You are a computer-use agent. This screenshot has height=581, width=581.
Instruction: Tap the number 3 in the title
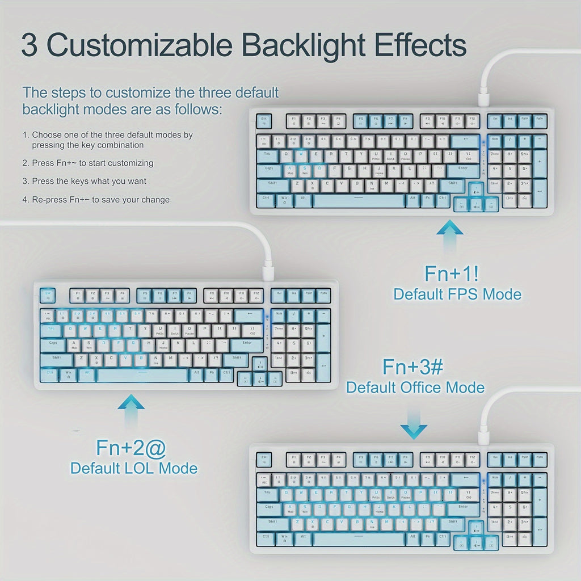click(x=30, y=46)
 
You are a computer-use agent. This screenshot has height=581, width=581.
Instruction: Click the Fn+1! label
click(x=452, y=273)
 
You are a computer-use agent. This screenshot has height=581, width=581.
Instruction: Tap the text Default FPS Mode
click(x=457, y=294)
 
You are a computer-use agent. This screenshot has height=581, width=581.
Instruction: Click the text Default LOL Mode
click(x=134, y=468)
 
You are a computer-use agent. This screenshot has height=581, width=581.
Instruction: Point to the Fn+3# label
click(x=412, y=367)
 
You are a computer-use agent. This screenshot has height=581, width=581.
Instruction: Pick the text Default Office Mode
click(x=415, y=388)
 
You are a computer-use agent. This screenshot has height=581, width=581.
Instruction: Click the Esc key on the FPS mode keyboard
click(x=264, y=121)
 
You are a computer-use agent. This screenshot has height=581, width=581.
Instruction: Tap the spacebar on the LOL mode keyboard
click(x=142, y=375)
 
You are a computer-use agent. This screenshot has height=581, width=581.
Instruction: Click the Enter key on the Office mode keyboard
click(x=463, y=507)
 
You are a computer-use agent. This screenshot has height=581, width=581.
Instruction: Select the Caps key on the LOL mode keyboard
click(x=53, y=343)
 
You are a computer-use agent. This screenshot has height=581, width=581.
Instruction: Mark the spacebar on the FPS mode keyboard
click(x=358, y=200)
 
